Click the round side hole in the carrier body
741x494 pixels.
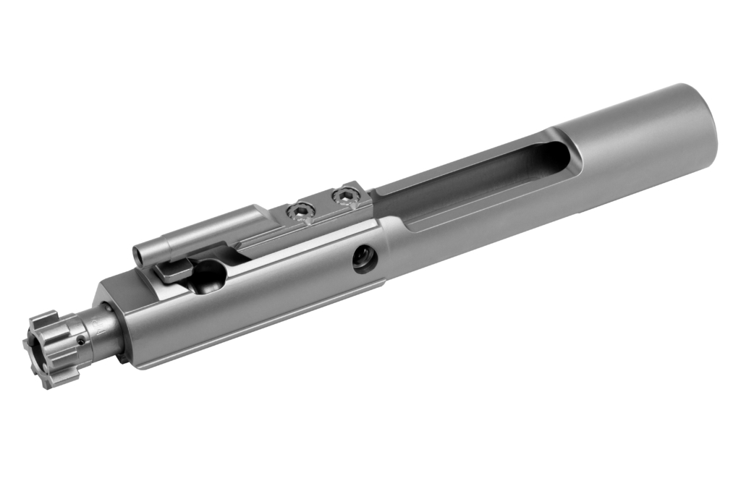365,259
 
